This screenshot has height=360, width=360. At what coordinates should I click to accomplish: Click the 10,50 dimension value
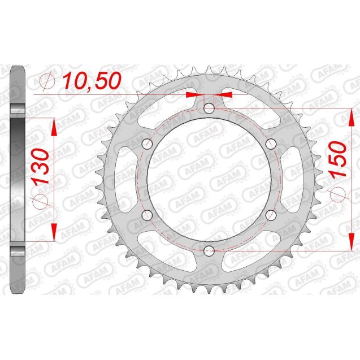(x=92, y=81)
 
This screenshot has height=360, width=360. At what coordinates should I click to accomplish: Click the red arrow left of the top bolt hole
(x=192, y=94)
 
